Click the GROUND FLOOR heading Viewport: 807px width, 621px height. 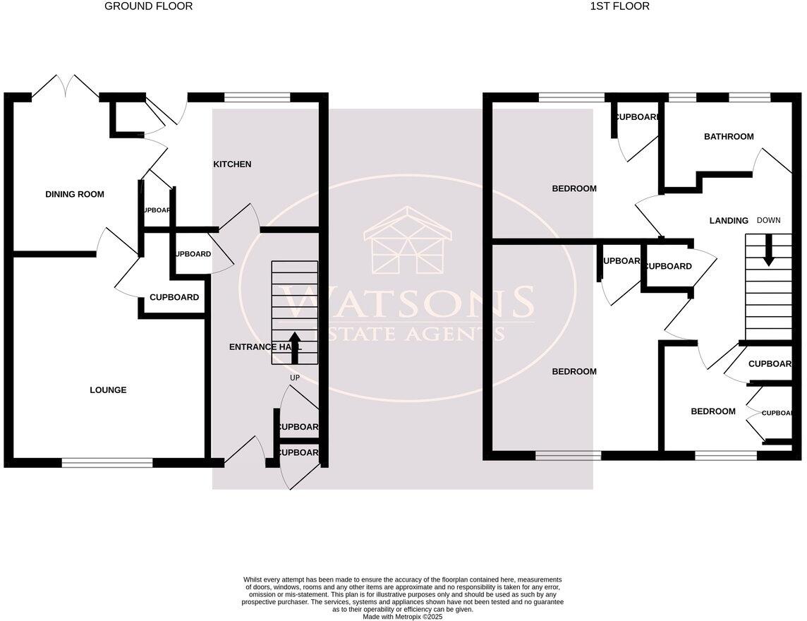tap(148, 6)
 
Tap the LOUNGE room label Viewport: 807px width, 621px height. tap(108, 390)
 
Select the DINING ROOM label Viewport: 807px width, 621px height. tap(75, 195)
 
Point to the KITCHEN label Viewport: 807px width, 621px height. tap(232, 164)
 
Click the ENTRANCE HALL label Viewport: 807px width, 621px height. tap(265, 347)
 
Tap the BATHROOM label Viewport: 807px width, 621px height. tap(729, 137)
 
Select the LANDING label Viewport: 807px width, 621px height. tap(729, 221)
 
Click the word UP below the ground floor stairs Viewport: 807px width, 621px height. tap(295, 378)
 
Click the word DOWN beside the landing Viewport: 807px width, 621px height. tap(769, 221)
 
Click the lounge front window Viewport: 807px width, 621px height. tap(107, 463)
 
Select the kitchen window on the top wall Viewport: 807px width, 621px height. tap(257, 97)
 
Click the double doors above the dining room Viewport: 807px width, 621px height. tap(65, 86)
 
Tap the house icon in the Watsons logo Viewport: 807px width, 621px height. tap(408, 241)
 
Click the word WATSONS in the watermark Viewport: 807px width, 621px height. tap(408, 303)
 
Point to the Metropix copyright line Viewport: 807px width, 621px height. tap(402, 617)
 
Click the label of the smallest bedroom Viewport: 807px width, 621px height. tap(712, 412)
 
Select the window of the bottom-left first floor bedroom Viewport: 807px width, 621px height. tap(568, 456)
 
